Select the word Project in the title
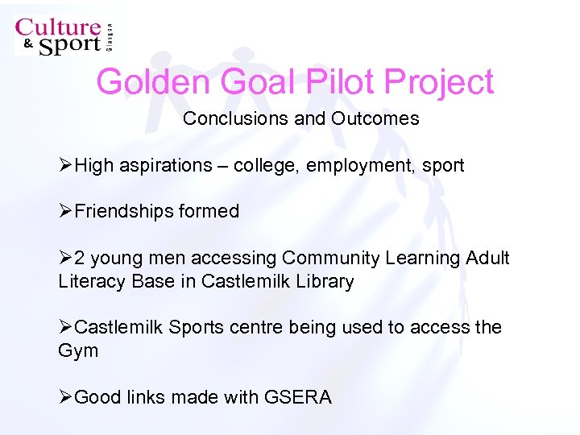pyautogui.click(x=440, y=82)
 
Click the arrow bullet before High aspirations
pyautogui.click(x=65, y=165)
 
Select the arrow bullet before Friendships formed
pyautogui.click(x=65, y=211)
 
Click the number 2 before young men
pyautogui.click(x=80, y=258)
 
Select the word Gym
pyautogui.click(x=78, y=350)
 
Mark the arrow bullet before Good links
pyautogui.click(x=65, y=397)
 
